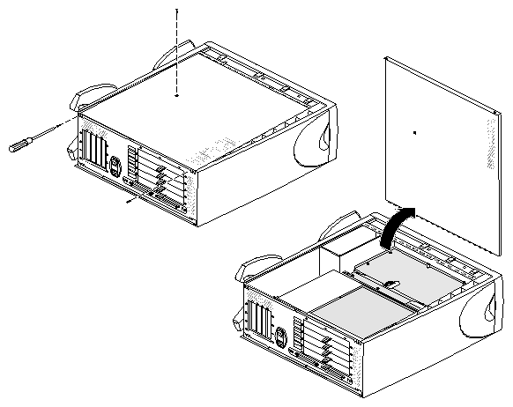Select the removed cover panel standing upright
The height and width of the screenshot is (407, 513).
coord(441,141)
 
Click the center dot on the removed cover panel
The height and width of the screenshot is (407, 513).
coord(414,132)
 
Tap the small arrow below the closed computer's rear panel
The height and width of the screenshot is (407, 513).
coord(132,201)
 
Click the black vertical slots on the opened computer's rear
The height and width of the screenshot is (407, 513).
coord(261,322)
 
